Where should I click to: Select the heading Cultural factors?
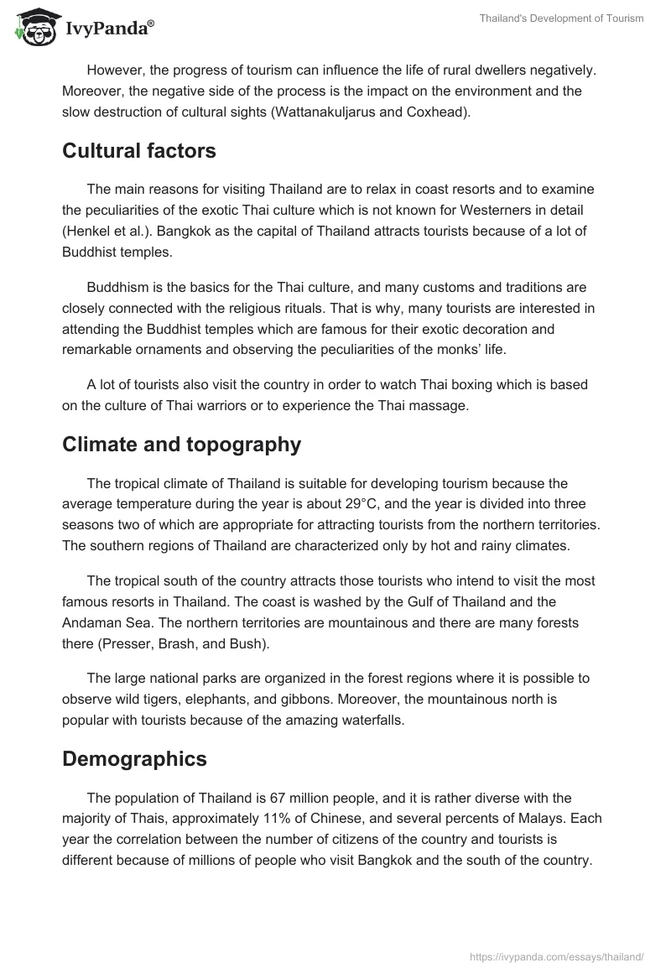139,151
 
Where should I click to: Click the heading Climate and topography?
181,445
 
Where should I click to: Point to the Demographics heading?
134,759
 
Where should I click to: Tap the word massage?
440,406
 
